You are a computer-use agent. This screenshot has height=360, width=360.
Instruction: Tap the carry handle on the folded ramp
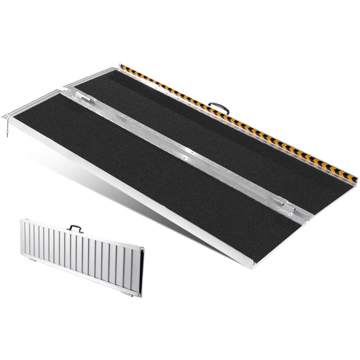coord(75,229)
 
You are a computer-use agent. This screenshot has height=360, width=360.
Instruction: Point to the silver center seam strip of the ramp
coord(180,148)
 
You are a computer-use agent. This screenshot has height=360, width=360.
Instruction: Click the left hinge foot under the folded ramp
coord(34,260)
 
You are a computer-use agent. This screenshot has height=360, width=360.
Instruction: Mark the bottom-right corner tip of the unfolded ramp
coord(254,266)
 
